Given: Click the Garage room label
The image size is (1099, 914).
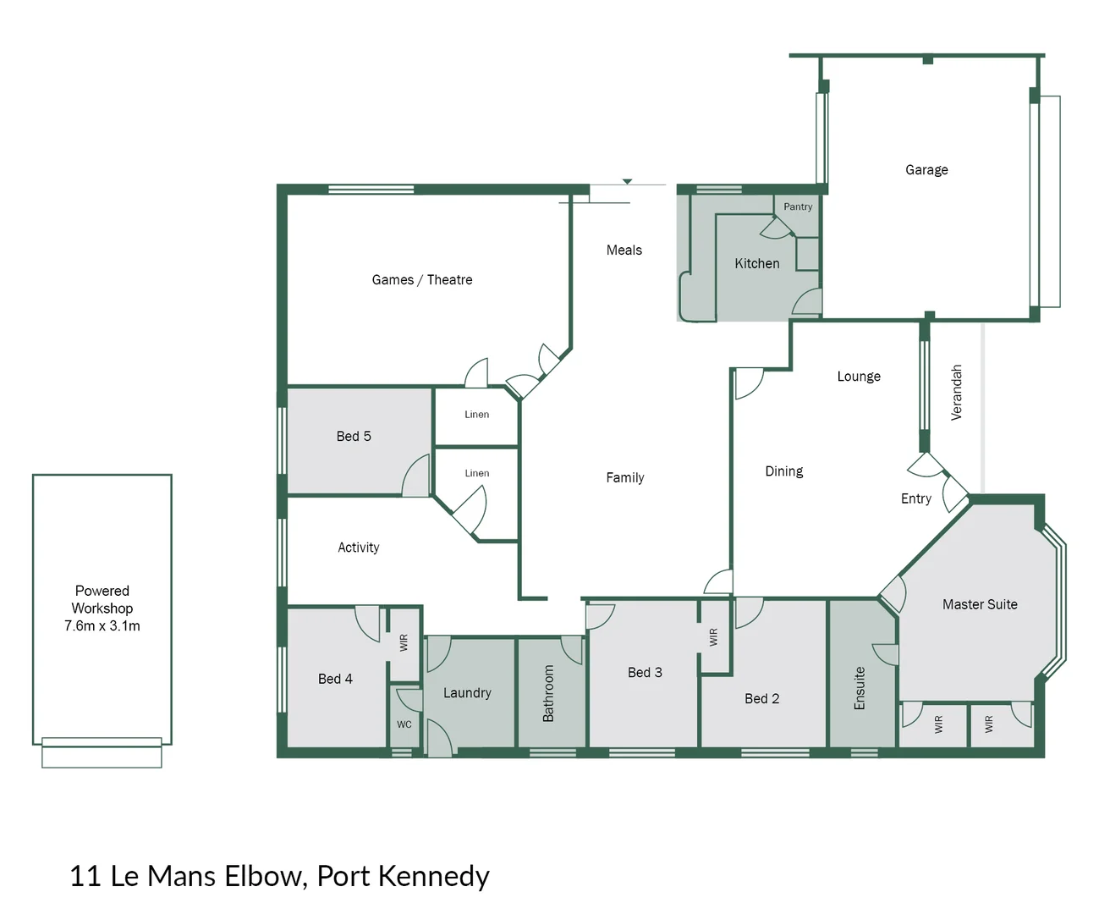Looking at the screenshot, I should coord(926,170).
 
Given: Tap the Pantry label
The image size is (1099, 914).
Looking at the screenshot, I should coord(797,206).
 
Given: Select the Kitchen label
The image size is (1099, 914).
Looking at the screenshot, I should coord(756,264).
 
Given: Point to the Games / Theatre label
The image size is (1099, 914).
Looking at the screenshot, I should coord(421,280).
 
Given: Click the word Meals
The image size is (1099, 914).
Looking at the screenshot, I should coord(624,251).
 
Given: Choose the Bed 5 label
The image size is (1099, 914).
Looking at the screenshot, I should coord(354,437).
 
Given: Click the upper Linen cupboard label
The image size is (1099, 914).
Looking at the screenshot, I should coord(476,415).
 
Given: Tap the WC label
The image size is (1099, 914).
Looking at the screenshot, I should coord(404,724).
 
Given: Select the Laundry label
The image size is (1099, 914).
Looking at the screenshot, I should coord(467,693).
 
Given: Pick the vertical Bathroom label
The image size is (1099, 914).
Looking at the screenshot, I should coord(548,693).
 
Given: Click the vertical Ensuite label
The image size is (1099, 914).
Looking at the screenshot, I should coord(860,688).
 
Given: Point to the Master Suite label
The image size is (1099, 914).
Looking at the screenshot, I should coord(980,604).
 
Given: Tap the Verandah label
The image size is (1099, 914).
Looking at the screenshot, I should coord(957,393).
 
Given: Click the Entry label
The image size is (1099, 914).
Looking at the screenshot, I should coord(915,499).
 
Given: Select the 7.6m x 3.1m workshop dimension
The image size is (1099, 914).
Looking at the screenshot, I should coord(102,626).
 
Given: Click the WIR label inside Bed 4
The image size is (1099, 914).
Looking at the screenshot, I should coord(404,642).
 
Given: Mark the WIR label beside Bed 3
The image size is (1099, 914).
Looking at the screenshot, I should coord(713,637).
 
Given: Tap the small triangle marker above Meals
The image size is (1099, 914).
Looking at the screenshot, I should coord(627,181).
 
